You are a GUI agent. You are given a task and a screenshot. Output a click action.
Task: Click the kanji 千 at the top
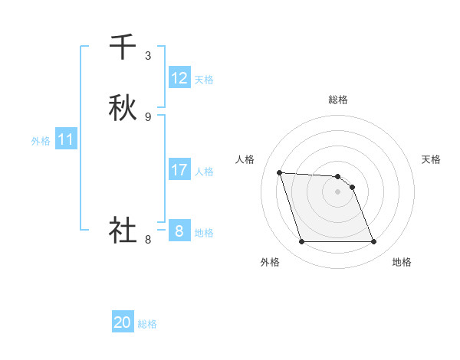coord(123,47)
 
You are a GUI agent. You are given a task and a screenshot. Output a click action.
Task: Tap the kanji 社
coord(123,230)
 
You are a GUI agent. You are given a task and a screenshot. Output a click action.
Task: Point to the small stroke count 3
coord(148,55)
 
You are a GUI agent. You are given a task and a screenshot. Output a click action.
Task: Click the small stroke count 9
coord(148,116)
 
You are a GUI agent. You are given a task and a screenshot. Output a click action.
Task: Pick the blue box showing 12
coord(179,78)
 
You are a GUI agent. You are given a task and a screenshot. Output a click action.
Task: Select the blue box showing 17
coord(179,170)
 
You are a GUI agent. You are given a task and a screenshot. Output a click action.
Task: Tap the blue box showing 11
coord(66,139)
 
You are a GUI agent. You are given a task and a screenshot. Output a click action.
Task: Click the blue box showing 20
coord(123,322)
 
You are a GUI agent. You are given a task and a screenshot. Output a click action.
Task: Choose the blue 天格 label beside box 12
coord(203,79)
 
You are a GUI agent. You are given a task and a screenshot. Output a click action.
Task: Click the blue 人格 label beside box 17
coord(204,171)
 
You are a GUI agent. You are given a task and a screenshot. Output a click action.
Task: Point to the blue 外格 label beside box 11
coord(41,140)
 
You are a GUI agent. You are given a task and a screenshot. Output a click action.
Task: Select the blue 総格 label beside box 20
coord(147,323)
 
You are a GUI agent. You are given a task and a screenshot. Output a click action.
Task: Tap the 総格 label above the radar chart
coord(338,100)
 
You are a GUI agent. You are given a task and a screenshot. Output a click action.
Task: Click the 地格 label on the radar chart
coord(402,263)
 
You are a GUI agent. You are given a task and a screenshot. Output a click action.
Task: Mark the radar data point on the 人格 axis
coord(280,173)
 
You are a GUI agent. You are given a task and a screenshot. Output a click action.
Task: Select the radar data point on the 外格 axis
coord(301,242)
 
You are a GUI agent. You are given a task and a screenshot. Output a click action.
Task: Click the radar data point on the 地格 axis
coord(374,242)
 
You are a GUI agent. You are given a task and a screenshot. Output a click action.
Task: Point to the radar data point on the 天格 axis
coord(353,187)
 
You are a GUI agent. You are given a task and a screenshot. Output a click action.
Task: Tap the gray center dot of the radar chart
coord(338,191)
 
